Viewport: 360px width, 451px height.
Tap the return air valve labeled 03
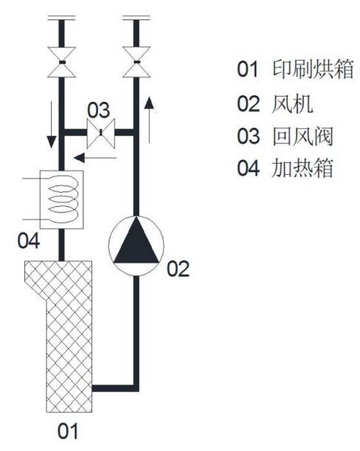101,133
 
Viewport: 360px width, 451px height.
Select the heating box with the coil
61,199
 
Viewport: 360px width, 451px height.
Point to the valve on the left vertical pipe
61,62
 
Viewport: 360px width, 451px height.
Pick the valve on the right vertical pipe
136,62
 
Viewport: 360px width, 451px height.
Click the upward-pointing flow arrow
149,120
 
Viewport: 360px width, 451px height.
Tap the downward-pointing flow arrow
52,125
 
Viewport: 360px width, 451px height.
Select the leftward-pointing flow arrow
95,158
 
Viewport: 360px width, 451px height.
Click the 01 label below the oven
68,430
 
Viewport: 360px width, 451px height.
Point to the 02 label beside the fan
179,269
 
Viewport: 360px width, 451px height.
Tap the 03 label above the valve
98,110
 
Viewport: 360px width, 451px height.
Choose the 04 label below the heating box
29,241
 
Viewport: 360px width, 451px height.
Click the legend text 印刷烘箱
313,69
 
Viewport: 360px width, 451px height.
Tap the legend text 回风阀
302,136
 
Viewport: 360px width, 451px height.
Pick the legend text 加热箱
302,168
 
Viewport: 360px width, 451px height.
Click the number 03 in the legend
249,136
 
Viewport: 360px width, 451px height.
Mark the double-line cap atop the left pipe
61,18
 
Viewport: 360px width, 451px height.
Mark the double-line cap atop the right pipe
136,18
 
